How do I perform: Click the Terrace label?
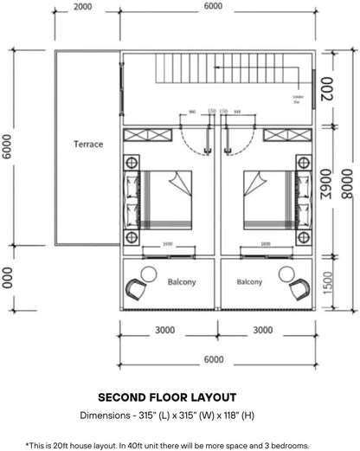[87, 145]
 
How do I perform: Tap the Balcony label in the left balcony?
[182, 281]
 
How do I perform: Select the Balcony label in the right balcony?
[250, 281]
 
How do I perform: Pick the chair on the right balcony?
[299, 288]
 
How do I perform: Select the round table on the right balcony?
[286, 274]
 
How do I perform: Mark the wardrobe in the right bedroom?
[287, 136]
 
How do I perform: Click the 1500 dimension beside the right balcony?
[327, 283]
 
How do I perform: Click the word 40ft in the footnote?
[161, 444]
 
